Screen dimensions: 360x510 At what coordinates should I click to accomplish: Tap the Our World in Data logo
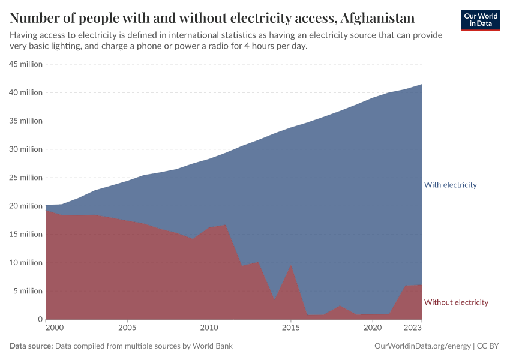[x=480, y=20]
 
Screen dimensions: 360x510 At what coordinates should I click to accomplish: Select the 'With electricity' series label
[x=450, y=185]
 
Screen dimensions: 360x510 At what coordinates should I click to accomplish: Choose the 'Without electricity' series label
[x=456, y=302]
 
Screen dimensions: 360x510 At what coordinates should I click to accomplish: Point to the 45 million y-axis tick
[x=26, y=64]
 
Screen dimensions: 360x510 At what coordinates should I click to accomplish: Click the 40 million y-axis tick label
[x=26, y=92]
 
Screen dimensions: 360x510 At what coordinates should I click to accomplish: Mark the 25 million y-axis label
[x=26, y=178]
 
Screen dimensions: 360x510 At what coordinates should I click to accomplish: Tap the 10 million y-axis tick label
[x=26, y=263]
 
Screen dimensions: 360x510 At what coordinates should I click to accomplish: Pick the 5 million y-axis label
[x=28, y=291]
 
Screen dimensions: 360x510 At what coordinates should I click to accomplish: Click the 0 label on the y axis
[x=40, y=319]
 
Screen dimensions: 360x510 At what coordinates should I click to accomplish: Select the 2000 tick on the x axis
[x=54, y=328]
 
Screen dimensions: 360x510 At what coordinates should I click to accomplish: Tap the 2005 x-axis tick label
[x=127, y=328]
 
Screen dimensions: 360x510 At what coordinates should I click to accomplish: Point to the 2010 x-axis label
[x=209, y=328]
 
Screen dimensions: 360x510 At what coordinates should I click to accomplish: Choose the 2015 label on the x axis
[x=291, y=328]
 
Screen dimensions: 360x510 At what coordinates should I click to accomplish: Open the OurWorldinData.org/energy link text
[x=422, y=346]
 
